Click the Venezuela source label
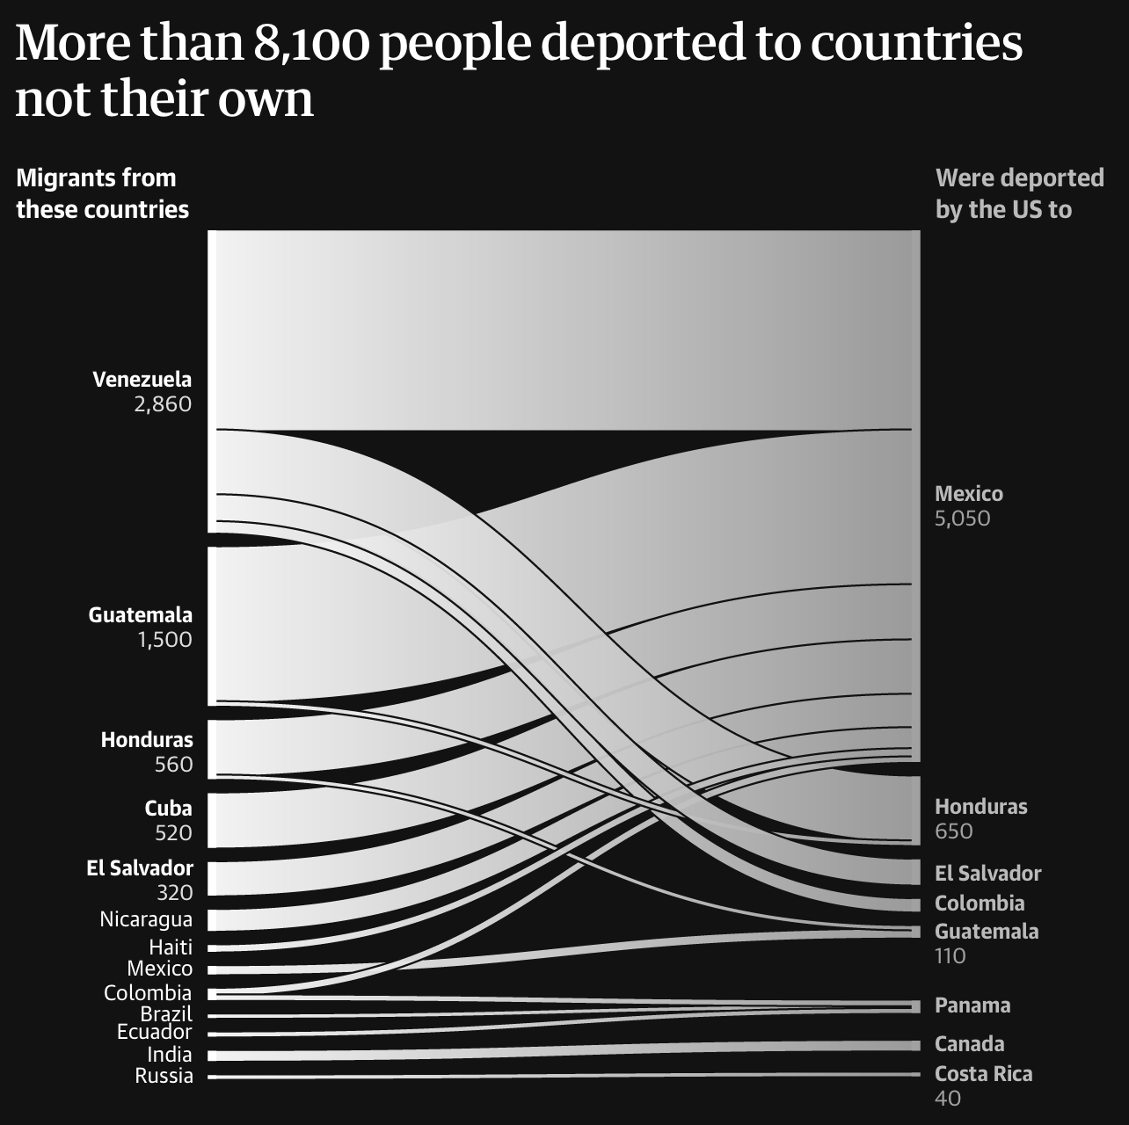(142, 380)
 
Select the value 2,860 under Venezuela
(163, 404)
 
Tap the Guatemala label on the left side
(140, 615)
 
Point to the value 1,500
(164, 640)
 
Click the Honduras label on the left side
(146, 740)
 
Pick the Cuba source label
(168, 809)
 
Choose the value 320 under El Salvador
(174, 893)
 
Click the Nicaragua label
(146, 920)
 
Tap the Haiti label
(171, 947)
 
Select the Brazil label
(166, 1014)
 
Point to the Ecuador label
(155, 1032)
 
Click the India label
(170, 1055)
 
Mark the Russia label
(164, 1076)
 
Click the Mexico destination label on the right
(968, 494)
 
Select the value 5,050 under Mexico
(962, 519)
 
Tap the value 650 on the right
(953, 831)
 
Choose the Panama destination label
(972, 1005)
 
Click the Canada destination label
(969, 1044)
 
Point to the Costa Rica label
(983, 1074)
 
